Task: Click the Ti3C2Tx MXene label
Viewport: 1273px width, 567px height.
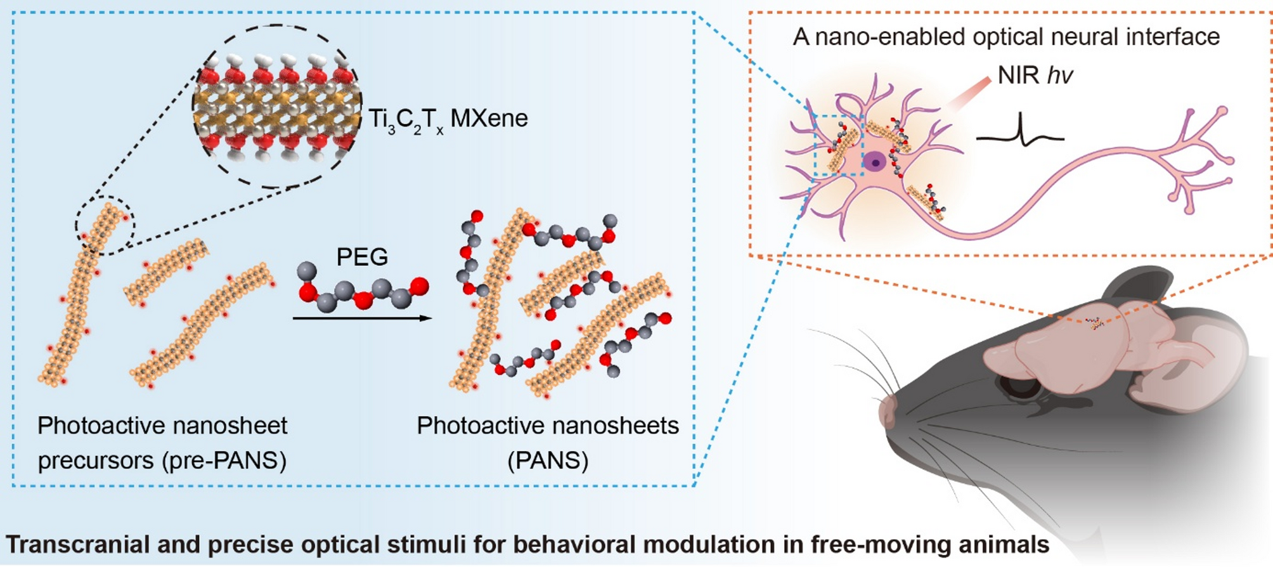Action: (x=448, y=119)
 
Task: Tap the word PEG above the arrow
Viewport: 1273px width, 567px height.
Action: (x=361, y=257)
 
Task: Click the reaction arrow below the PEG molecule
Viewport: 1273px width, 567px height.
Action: (x=361, y=318)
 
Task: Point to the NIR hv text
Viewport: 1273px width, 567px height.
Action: (x=1035, y=75)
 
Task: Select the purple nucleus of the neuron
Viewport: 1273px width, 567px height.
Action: (x=876, y=162)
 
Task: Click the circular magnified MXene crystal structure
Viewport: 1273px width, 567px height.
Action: (x=277, y=107)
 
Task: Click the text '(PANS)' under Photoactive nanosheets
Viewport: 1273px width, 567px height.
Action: (x=548, y=460)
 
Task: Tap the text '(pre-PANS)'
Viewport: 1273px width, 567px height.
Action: (x=225, y=460)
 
